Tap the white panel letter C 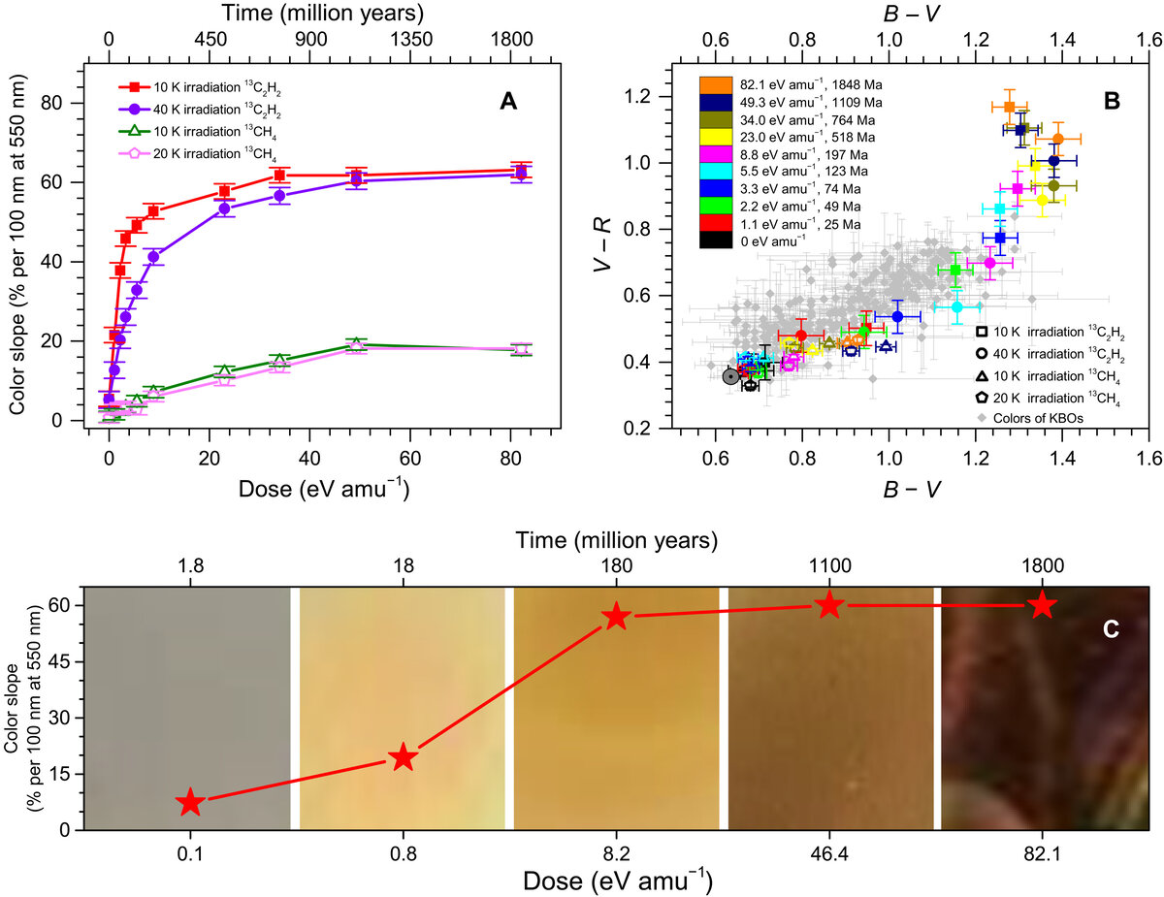(1112, 629)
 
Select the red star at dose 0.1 (190, 802)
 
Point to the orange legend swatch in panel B (714, 84)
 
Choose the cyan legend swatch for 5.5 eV (714, 172)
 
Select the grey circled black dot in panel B (731, 376)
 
